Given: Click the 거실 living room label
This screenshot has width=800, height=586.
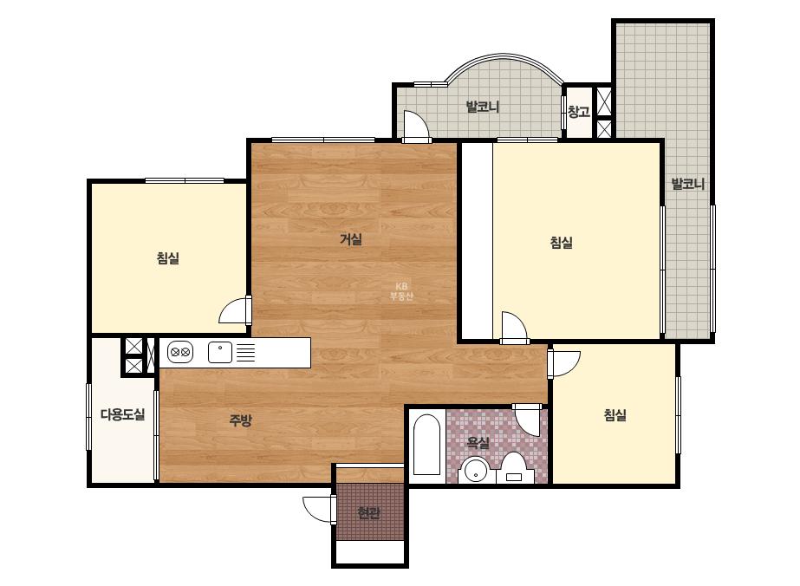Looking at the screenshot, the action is (x=351, y=239).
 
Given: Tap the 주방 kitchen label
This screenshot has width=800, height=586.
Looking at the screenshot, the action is (x=240, y=420).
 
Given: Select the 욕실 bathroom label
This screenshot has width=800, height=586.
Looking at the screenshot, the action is (x=478, y=443).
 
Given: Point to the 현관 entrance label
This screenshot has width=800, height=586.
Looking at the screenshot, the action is (x=368, y=512).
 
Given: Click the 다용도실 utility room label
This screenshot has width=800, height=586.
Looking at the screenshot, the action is (x=122, y=414).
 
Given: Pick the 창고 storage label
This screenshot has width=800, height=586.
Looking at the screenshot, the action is (x=579, y=112).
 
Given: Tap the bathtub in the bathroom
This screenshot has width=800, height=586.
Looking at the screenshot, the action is (x=426, y=445).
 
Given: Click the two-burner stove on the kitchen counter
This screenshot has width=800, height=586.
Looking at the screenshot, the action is (x=180, y=352).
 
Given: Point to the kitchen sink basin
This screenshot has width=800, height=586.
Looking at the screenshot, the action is (x=220, y=352).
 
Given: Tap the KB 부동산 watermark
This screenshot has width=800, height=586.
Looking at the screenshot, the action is (x=401, y=291).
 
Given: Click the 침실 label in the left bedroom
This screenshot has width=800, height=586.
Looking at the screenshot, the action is (x=168, y=258).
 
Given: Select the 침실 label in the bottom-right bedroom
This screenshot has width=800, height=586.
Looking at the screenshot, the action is (x=615, y=415).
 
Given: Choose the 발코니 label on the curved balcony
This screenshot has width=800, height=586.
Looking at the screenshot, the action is (x=482, y=107).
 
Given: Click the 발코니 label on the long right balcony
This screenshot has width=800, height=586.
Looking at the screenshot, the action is (x=687, y=184).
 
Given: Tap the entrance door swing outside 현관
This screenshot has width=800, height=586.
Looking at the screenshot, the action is (x=317, y=509).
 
